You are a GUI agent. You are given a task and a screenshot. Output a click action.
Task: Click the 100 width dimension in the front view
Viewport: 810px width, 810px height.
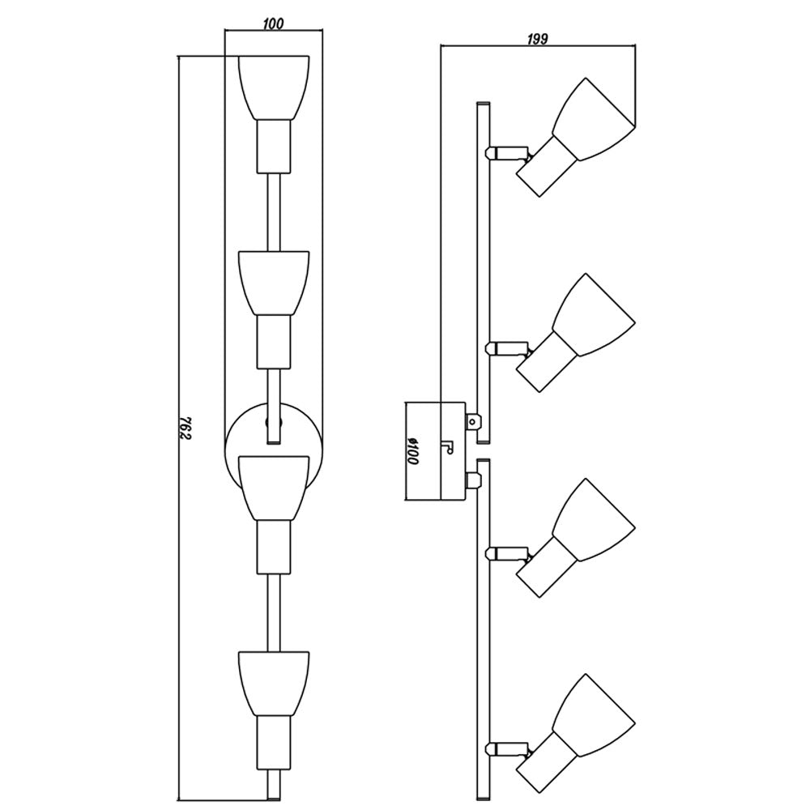[272, 23]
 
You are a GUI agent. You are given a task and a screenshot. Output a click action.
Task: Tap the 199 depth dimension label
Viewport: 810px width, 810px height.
[537, 39]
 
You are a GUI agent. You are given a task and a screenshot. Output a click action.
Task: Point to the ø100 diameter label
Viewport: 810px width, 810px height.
[411, 451]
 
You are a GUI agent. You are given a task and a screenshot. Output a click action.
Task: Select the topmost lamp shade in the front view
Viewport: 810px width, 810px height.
[274, 87]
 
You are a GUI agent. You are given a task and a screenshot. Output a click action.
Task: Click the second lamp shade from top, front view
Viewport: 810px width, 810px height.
[274, 283]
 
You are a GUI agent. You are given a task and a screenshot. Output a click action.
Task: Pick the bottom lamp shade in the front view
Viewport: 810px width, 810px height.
[274, 683]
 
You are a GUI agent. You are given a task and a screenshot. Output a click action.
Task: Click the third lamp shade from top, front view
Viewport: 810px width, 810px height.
[274, 488]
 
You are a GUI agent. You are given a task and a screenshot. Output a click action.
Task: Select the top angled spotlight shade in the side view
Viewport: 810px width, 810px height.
[594, 119]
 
